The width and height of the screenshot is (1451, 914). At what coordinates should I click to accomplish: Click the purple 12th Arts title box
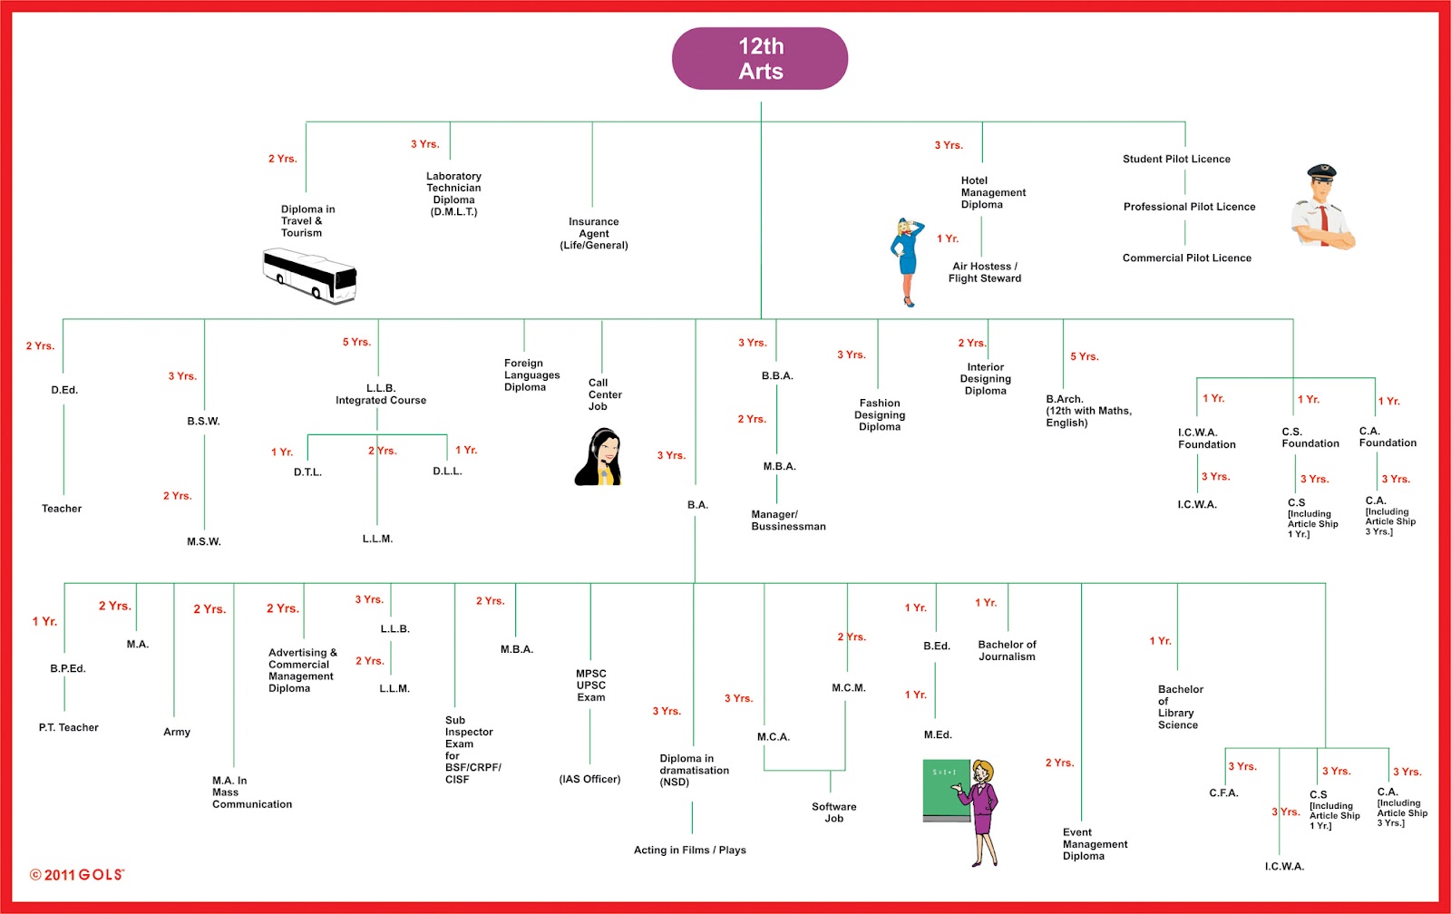pyautogui.click(x=760, y=59)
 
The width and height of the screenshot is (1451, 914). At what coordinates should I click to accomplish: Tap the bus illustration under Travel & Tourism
pyautogui.click(x=309, y=276)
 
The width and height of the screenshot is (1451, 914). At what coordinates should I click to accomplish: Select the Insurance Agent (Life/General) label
pyautogui.click(x=594, y=233)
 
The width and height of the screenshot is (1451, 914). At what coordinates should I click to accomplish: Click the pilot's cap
pyautogui.click(x=1321, y=171)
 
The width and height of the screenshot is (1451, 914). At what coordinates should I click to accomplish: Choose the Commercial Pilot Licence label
pyautogui.click(x=1186, y=258)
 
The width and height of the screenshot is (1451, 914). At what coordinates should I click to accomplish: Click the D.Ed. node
pyautogui.click(x=64, y=390)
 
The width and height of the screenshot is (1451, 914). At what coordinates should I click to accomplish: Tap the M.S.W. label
pyautogui.click(x=204, y=541)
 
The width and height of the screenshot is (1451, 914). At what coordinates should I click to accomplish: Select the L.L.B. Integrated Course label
pyautogui.click(x=381, y=394)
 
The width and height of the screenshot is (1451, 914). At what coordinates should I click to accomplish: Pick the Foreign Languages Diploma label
pyautogui.click(x=531, y=374)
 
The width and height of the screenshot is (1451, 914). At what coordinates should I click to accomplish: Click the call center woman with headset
pyautogui.click(x=599, y=458)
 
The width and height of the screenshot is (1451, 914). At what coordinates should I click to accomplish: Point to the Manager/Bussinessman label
pyautogui.click(x=788, y=520)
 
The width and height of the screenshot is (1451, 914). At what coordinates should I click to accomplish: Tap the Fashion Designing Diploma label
pyautogui.click(x=880, y=414)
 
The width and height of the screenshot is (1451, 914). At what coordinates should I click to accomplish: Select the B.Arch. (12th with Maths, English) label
pyautogui.click(x=1088, y=411)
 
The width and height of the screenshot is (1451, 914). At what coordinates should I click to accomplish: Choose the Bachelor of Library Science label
pyautogui.click(x=1180, y=706)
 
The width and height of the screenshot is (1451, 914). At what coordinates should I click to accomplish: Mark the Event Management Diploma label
pyautogui.click(x=1095, y=843)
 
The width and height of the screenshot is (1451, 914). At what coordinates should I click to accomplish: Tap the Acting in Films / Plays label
pyautogui.click(x=689, y=850)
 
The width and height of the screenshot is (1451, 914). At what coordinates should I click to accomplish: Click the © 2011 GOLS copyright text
pyautogui.click(x=77, y=874)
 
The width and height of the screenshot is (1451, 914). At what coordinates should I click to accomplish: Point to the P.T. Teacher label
pyautogui.click(x=69, y=727)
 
